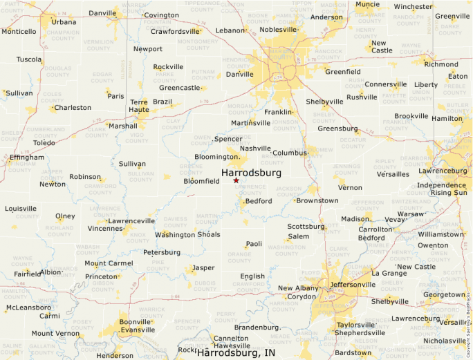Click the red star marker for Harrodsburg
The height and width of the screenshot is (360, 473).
[x=236, y=180]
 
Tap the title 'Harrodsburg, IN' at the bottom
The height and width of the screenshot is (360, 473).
[x=240, y=353]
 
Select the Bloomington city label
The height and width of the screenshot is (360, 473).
[x=216, y=157]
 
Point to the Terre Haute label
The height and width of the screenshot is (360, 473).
[x=139, y=106]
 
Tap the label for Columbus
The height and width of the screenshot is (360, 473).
[x=289, y=153]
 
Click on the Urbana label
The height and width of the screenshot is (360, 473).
[x=64, y=22]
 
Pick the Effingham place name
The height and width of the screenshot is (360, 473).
[x=27, y=158]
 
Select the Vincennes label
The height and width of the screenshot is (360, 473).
[x=104, y=229]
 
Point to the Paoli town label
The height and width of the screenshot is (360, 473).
[x=254, y=244]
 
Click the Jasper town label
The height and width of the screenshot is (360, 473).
[x=203, y=267]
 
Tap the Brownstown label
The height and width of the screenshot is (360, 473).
[x=317, y=200]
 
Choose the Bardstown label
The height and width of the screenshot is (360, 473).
[x=353, y=352]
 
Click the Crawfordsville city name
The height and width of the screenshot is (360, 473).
[x=175, y=31]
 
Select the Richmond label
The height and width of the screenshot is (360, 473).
[x=441, y=64]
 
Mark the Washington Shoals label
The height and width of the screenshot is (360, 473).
[x=187, y=234]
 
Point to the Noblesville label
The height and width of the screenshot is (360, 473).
[x=277, y=30]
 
